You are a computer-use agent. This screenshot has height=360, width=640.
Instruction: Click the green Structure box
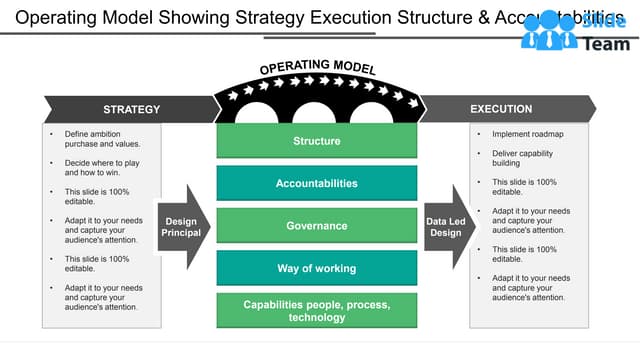point(316,141)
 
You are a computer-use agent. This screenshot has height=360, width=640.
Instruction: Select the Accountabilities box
point(316,183)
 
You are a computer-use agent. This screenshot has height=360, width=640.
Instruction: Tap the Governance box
point(316,226)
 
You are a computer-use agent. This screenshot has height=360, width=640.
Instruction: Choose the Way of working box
point(316,268)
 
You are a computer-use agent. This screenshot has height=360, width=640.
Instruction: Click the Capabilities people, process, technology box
point(316,310)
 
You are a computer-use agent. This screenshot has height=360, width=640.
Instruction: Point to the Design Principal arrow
point(183,227)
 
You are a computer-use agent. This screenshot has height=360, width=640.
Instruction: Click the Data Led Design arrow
point(447,227)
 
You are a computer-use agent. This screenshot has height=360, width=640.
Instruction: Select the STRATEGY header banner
point(130,109)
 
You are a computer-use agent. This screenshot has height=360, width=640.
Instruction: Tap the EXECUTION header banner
point(505,108)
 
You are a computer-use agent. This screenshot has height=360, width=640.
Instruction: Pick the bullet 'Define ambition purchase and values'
point(101,138)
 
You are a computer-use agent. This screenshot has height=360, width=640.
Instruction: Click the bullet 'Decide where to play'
point(101,167)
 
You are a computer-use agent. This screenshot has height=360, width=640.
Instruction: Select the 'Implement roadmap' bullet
point(527,134)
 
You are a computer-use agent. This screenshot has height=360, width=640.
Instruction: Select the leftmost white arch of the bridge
point(257,115)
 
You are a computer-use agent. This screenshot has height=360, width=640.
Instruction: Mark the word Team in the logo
point(606,43)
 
